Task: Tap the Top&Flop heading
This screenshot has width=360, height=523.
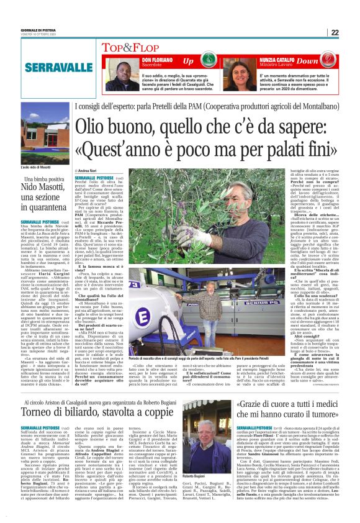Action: pos(128,47)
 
